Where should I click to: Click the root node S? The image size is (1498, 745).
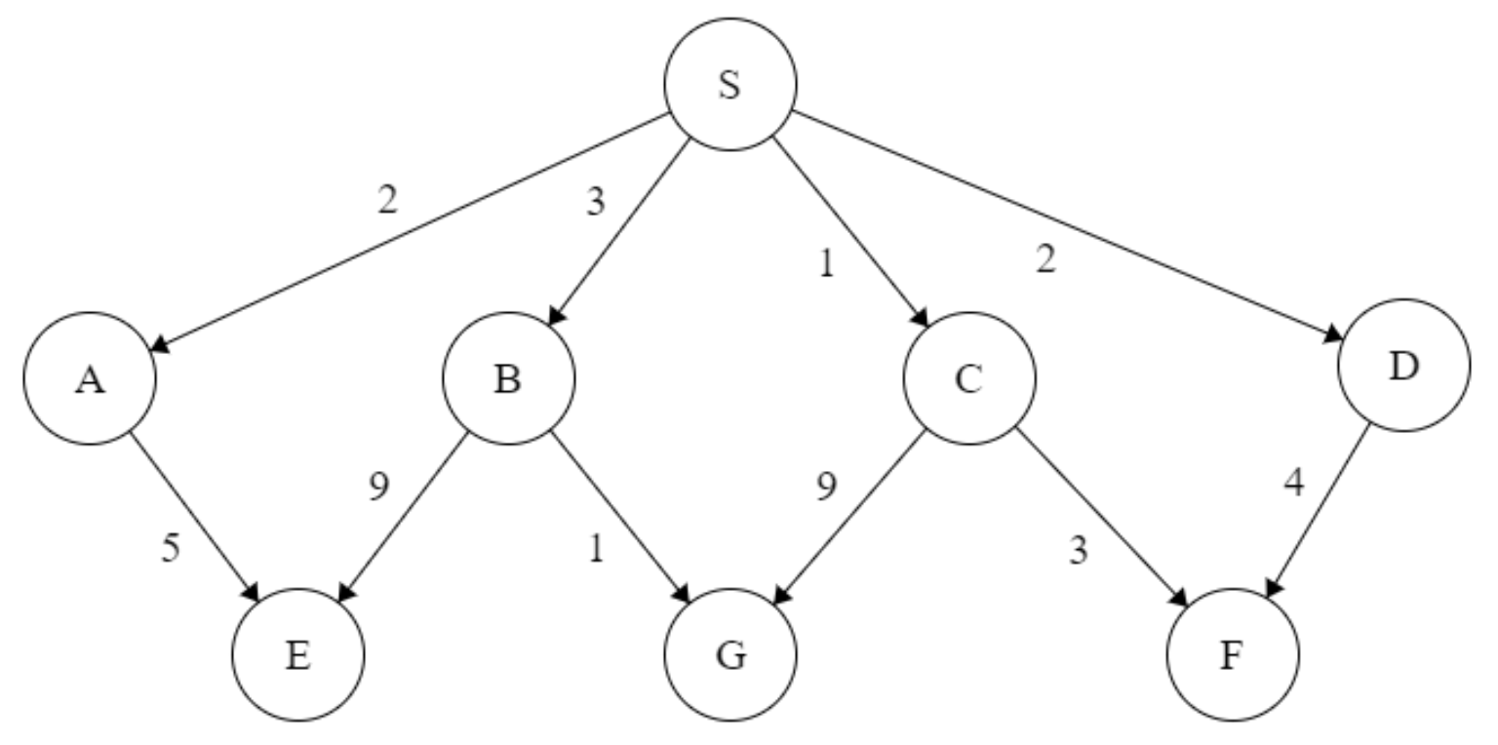tap(729, 85)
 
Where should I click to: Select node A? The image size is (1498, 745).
tap(91, 378)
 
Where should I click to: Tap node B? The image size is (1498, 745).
tap(508, 378)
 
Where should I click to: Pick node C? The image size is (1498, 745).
tap(968, 378)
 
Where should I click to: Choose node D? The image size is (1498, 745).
tap(1403, 367)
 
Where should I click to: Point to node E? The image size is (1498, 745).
tap(298, 655)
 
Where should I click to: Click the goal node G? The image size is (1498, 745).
tap(729, 655)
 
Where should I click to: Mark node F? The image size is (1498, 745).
tap(1233, 655)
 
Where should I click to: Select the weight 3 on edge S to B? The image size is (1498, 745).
tap(595, 201)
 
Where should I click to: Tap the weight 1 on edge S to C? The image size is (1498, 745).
tap(826, 264)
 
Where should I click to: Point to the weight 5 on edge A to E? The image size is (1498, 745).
tap(171, 549)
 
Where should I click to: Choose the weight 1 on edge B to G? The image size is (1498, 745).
tap(595, 550)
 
